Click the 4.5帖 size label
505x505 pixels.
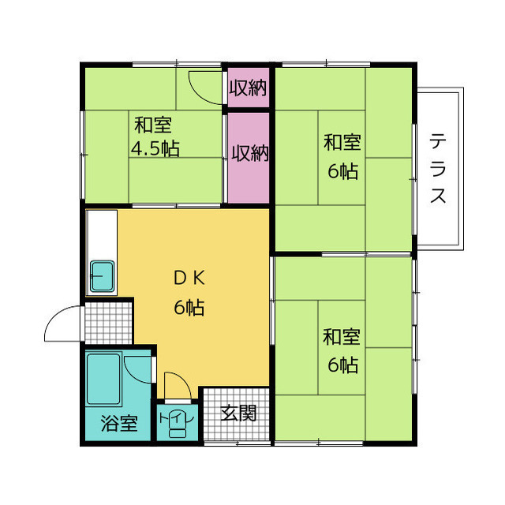(155, 148)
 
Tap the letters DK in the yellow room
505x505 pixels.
(189, 278)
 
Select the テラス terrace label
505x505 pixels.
(438, 169)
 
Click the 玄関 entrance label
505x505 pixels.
(238, 413)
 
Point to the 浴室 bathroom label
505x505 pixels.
(119, 423)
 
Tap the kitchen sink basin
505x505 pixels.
(102, 276)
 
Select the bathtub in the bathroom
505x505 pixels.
(103, 379)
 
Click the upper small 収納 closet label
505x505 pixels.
(248, 88)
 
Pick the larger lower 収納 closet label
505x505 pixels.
(250, 153)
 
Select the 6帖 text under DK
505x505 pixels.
(189, 307)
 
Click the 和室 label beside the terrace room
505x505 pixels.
(342, 142)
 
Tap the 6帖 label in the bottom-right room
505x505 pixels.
(343, 365)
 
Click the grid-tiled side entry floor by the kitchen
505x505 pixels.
(109, 323)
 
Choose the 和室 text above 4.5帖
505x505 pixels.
(153, 125)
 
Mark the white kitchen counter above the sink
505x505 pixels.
(102, 235)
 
